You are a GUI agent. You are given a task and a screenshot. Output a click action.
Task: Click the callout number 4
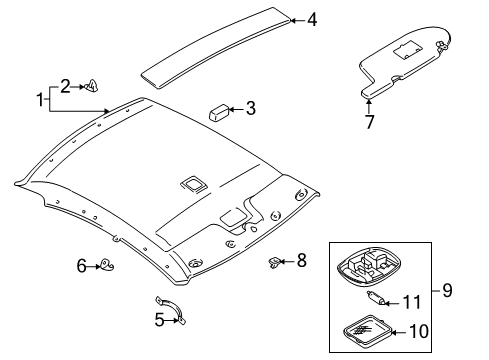(x=312, y=20)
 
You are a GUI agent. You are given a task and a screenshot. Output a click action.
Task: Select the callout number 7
(x=369, y=122)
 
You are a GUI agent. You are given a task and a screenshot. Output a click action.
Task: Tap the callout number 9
(x=447, y=290)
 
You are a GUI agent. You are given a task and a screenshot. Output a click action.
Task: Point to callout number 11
(x=412, y=302)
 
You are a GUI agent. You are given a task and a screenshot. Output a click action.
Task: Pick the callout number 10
(x=419, y=331)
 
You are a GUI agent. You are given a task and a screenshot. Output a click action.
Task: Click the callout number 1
(x=40, y=100)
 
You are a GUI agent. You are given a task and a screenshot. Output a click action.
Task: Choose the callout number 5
(x=159, y=320)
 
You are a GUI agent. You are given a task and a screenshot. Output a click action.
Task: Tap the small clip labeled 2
(x=91, y=86)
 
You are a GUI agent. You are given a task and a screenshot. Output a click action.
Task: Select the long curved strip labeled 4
(x=216, y=48)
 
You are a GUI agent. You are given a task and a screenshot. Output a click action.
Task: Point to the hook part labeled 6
(x=106, y=264)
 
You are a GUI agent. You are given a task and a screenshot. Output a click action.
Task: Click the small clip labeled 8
(x=274, y=262)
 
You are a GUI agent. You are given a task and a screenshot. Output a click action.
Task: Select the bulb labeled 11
(x=376, y=297)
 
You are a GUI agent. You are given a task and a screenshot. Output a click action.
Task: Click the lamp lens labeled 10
(x=367, y=330)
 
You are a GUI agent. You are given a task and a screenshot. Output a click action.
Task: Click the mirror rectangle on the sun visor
(x=408, y=49)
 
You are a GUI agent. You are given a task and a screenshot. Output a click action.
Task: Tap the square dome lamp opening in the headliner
(x=193, y=184)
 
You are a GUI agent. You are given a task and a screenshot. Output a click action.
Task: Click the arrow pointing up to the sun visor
(x=369, y=106)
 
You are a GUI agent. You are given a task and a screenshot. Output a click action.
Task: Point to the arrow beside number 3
(x=236, y=109)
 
